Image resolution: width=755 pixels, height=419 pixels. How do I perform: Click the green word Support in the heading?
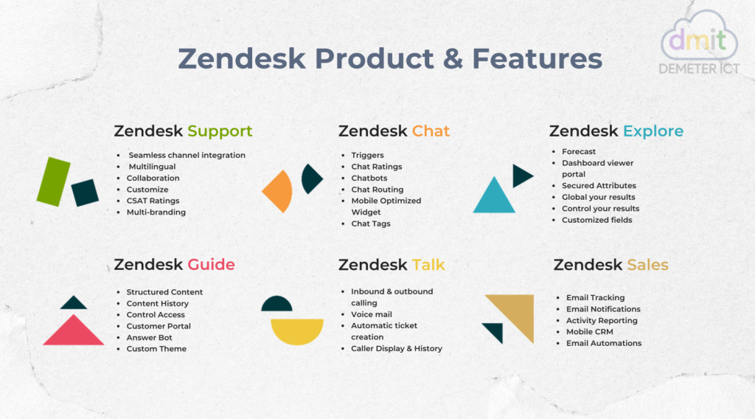tap(220, 132)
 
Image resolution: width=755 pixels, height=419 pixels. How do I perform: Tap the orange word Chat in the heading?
tap(431, 132)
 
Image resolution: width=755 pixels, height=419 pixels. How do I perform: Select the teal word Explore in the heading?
tap(653, 132)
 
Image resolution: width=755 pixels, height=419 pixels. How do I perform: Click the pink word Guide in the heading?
tap(211, 265)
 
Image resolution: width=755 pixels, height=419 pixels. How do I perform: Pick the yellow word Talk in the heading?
tap(428, 265)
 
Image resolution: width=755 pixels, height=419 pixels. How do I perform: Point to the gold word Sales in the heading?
tap(647, 265)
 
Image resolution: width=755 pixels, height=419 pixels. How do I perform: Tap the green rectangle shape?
tap(53, 181)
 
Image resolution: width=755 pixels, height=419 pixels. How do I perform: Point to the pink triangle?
tap(74, 333)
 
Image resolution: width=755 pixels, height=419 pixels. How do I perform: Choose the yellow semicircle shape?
tap(297, 330)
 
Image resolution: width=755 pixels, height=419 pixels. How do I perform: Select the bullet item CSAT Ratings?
tap(153, 201)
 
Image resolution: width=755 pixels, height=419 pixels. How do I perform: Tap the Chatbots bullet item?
tap(369, 179)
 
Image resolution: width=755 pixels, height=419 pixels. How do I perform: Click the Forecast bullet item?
tap(579, 152)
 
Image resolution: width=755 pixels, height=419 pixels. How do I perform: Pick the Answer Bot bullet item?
tap(149, 338)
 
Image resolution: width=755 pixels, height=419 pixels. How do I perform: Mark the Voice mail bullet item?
tap(372, 314)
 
